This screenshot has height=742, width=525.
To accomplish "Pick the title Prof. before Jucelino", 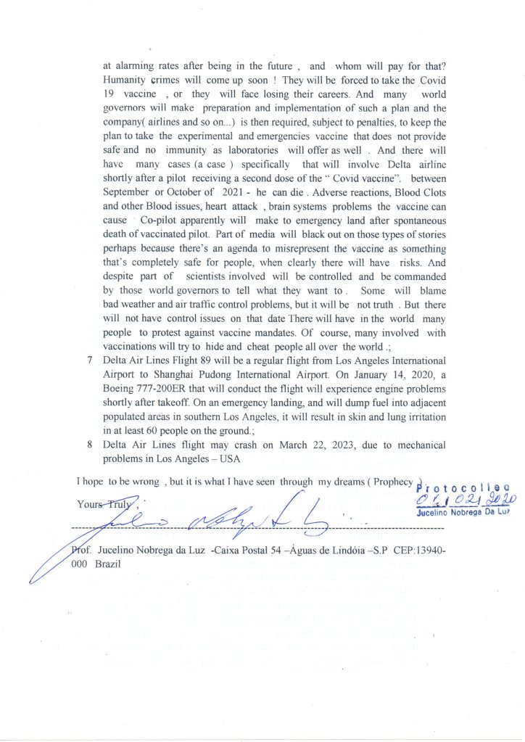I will click(81, 550).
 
